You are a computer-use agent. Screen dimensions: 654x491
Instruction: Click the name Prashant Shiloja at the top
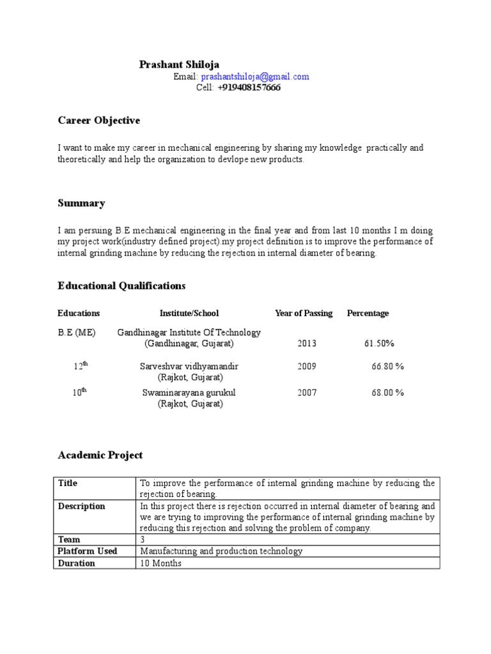coord(179,65)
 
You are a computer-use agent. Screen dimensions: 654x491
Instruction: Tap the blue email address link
coord(254,77)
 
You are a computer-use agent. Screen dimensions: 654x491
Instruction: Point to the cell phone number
coord(249,88)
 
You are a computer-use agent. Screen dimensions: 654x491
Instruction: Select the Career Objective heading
coord(98,120)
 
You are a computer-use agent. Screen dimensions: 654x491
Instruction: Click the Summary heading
coord(81,203)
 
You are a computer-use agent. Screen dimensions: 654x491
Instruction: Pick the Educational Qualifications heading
coord(121,285)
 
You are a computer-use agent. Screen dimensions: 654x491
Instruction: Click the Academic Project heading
coord(100,455)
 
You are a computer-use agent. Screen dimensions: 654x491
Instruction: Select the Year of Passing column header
coord(304,313)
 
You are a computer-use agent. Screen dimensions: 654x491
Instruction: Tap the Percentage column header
coord(368,313)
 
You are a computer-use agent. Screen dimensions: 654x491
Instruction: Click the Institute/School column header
coord(189,313)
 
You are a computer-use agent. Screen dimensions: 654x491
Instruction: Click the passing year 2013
coord(307,344)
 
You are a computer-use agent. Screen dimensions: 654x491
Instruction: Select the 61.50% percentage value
coord(379,344)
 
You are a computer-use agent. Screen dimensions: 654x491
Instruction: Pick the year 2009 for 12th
coord(307,367)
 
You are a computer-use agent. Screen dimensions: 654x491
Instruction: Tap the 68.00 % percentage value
coord(387,393)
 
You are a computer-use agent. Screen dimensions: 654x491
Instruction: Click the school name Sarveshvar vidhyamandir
coord(189,367)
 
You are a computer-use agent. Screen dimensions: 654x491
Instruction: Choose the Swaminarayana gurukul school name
coord(189,393)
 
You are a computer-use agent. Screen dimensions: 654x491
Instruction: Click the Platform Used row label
coord(88,551)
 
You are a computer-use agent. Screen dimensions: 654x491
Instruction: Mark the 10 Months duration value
coord(161,563)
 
